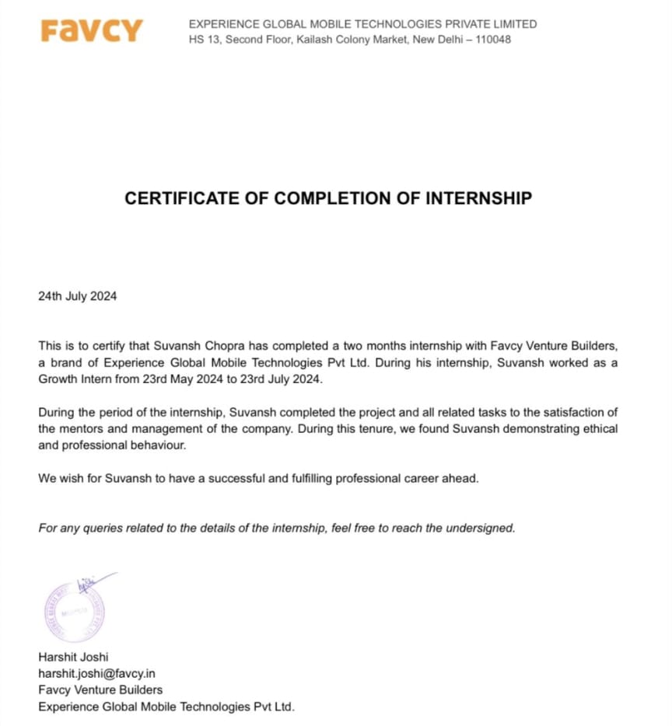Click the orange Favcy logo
[x=92, y=31]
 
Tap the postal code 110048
[x=492, y=40]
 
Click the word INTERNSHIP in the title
[x=478, y=198]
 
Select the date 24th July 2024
[x=78, y=296]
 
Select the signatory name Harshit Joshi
[x=73, y=657]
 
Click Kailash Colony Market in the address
[x=350, y=40]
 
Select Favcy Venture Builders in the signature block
[x=100, y=689]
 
